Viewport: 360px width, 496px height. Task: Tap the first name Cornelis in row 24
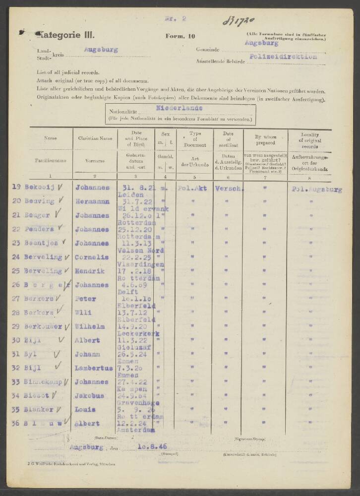click(92, 257)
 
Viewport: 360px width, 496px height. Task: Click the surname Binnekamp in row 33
click(46, 382)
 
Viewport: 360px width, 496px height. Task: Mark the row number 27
click(16, 299)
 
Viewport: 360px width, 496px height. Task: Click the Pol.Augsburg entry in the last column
click(316, 189)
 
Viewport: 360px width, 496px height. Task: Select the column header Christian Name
click(95, 138)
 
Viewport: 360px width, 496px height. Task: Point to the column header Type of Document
click(194, 138)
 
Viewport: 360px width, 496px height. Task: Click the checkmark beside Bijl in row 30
click(61, 340)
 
